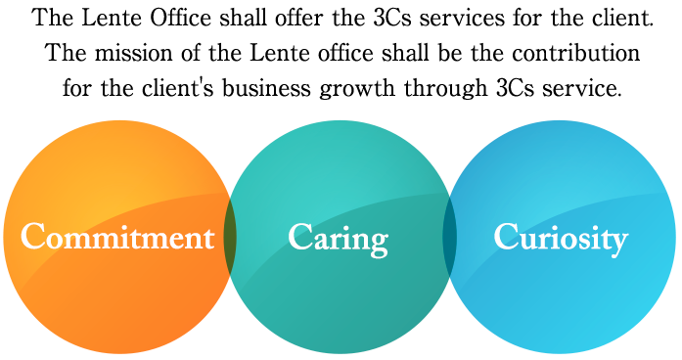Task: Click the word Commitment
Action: [x=117, y=238]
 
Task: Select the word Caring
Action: [x=339, y=239]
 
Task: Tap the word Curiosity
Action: [x=560, y=238]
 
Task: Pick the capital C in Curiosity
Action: [x=506, y=237]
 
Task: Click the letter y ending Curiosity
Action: [x=618, y=242]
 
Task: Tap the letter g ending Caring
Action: [x=378, y=243]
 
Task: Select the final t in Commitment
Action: [x=207, y=238]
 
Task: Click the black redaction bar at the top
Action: [x=341, y=54]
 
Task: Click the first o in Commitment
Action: [x=57, y=240]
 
